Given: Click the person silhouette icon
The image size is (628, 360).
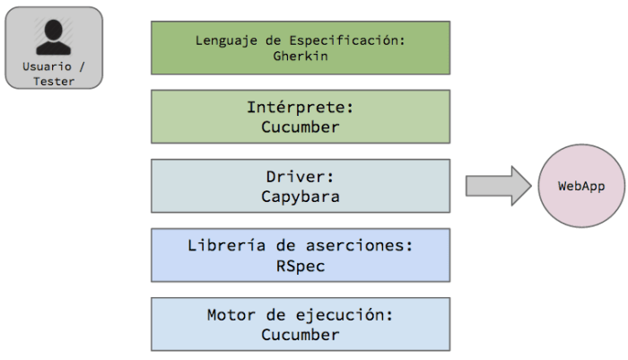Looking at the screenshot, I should click(x=54, y=37).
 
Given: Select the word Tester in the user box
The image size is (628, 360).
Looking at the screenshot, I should click(x=54, y=81).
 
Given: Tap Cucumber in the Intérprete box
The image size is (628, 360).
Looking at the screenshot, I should click(x=301, y=127).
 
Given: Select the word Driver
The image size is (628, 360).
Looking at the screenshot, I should click(x=301, y=177).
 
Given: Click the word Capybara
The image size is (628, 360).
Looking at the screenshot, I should click(x=301, y=197).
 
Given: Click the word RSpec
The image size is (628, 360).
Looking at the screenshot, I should click(x=301, y=266).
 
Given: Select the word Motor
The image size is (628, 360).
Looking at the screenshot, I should click(x=231, y=315).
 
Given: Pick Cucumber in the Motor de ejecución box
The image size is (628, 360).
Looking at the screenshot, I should click(x=301, y=335).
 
